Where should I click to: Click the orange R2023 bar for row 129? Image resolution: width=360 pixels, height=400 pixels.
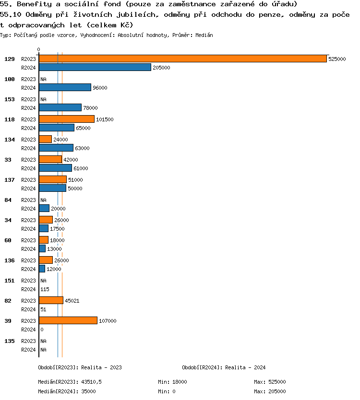tap(182, 59)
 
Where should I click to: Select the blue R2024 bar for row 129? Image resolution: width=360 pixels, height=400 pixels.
tap(95, 68)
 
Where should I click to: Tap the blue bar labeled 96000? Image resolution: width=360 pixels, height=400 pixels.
tap(65, 88)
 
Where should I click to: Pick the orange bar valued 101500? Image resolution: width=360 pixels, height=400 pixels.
tap(67, 119)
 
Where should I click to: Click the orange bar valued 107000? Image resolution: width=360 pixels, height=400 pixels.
tap(68, 320)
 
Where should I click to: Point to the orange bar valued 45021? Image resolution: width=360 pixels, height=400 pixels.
tap(51, 300)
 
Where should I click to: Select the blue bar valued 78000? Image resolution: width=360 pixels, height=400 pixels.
tap(60, 108)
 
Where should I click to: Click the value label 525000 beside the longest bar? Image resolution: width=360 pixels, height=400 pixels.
tap(337, 59)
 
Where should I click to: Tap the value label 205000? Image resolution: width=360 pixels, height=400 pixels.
tap(161, 68)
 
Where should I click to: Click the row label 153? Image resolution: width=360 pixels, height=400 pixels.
tap(10, 99)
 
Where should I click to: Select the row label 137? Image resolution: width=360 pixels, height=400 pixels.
tap(10, 180)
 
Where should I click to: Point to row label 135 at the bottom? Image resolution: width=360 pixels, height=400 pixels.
tap(10, 341)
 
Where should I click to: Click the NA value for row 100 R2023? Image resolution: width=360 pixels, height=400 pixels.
tap(43, 79)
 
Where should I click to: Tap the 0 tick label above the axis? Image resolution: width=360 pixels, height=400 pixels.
tap(39, 49)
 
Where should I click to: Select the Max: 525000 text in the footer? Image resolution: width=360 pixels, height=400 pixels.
tap(270, 382)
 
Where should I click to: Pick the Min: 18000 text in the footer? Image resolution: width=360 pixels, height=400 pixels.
tap(172, 382)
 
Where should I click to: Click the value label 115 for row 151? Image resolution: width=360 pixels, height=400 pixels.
tap(45, 289)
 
